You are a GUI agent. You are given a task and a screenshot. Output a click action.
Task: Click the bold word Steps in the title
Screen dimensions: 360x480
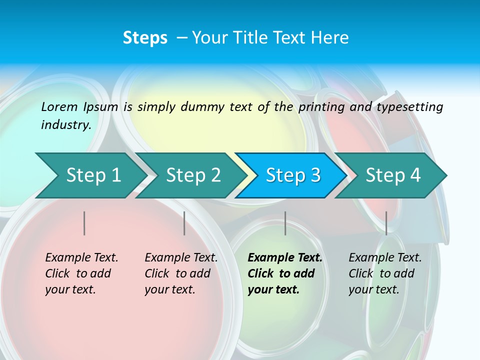[145, 38]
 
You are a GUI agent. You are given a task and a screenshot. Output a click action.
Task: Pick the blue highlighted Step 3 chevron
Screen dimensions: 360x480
[293, 175]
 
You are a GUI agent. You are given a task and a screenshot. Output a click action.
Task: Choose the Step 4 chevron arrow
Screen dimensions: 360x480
[393, 175]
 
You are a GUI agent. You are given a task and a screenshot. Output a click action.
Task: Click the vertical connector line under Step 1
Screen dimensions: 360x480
[84, 223]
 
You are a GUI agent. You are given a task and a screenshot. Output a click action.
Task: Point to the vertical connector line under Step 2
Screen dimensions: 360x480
[184, 223]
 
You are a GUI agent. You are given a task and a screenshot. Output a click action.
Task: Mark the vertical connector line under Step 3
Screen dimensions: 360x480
[285, 223]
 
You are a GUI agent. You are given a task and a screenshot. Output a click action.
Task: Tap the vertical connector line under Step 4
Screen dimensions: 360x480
[386, 223]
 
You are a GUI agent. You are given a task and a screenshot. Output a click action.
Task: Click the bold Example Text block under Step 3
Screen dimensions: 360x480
[284, 273]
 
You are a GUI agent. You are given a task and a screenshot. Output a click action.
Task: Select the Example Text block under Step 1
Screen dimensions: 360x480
[81, 273]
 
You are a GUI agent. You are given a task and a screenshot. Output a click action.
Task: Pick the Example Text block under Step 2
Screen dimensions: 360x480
[181, 273]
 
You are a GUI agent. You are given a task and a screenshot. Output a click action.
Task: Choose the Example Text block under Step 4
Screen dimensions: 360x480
[385, 273]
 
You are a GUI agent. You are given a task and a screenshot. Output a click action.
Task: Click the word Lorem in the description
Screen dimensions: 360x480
[59, 106]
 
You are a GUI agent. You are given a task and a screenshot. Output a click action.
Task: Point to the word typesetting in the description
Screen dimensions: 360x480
[409, 106]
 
